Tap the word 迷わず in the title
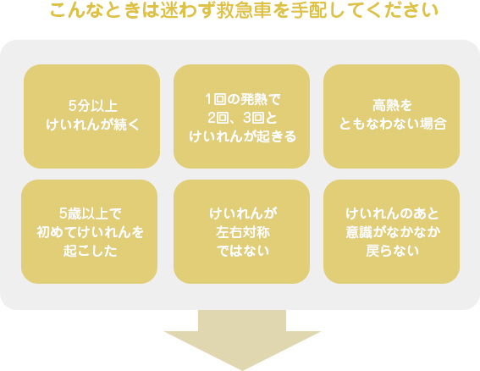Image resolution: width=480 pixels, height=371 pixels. pyautogui.click(x=187, y=11)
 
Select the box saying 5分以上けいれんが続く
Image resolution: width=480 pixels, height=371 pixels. pyautogui.click(x=91, y=116)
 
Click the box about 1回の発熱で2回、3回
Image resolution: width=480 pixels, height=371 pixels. pyautogui.click(x=241, y=116)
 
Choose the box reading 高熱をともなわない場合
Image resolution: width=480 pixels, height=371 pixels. pyautogui.click(x=391, y=116)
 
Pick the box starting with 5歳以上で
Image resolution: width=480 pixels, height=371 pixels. pyautogui.click(x=90, y=231)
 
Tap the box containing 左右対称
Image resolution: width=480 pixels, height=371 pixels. pyautogui.click(x=241, y=231)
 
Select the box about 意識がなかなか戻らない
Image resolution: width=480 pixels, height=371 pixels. pyautogui.click(x=391, y=231)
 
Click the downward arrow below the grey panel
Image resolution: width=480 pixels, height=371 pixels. pyautogui.click(x=242, y=340)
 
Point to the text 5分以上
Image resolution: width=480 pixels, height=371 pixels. pyautogui.click(x=93, y=106)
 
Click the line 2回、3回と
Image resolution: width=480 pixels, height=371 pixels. pyautogui.click(x=242, y=118)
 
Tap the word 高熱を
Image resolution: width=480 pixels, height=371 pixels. pyautogui.click(x=392, y=105)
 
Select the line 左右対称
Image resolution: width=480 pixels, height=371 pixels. pyautogui.click(x=243, y=232)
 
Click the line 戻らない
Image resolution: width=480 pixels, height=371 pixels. pyautogui.click(x=392, y=251)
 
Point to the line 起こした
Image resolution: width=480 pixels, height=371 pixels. pyautogui.click(x=91, y=251)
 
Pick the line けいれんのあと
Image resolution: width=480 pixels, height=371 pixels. pyautogui.click(x=392, y=213)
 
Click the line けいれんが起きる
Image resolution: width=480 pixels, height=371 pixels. pyautogui.click(x=242, y=136)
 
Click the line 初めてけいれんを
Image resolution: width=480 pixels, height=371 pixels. pyautogui.click(x=90, y=232)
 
